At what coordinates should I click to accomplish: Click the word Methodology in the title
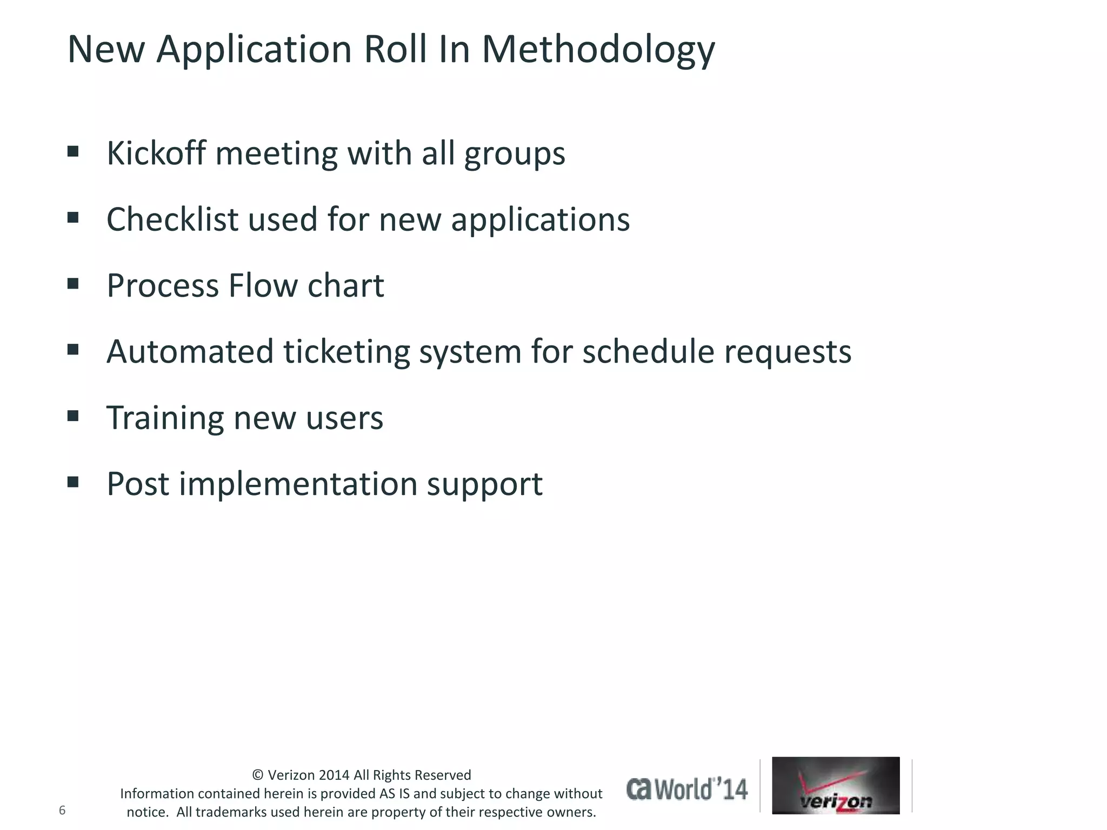[598, 50]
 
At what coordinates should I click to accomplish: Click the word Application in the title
[254, 50]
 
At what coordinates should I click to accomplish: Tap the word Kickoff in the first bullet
[156, 153]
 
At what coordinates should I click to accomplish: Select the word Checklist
[172, 219]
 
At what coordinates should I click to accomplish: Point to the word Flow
[263, 285]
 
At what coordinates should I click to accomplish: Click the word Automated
[190, 351]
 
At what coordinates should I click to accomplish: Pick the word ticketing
[346, 352]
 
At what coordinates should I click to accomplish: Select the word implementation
[298, 484]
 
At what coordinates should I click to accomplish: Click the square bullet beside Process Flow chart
[73, 284]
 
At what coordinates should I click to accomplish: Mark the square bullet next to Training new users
[73, 416]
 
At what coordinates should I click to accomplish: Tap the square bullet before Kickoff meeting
[73, 151]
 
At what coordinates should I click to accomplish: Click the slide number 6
[62, 810]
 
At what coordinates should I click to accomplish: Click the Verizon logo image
[836, 785]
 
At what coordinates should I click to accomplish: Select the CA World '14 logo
[687, 789]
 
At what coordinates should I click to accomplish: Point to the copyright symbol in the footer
[258, 775]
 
